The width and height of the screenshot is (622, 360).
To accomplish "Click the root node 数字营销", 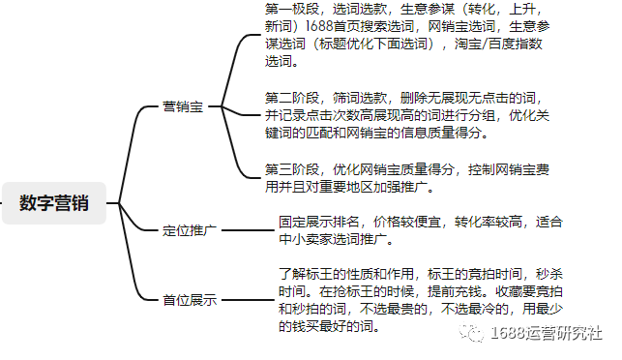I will point(54,203).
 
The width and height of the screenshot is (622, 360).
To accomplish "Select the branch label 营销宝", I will point(183,107).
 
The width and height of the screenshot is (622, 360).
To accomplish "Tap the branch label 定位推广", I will point(190,231).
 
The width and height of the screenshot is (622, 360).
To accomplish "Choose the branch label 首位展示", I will point(190,300).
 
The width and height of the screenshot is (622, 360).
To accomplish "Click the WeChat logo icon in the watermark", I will point(471,334).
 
